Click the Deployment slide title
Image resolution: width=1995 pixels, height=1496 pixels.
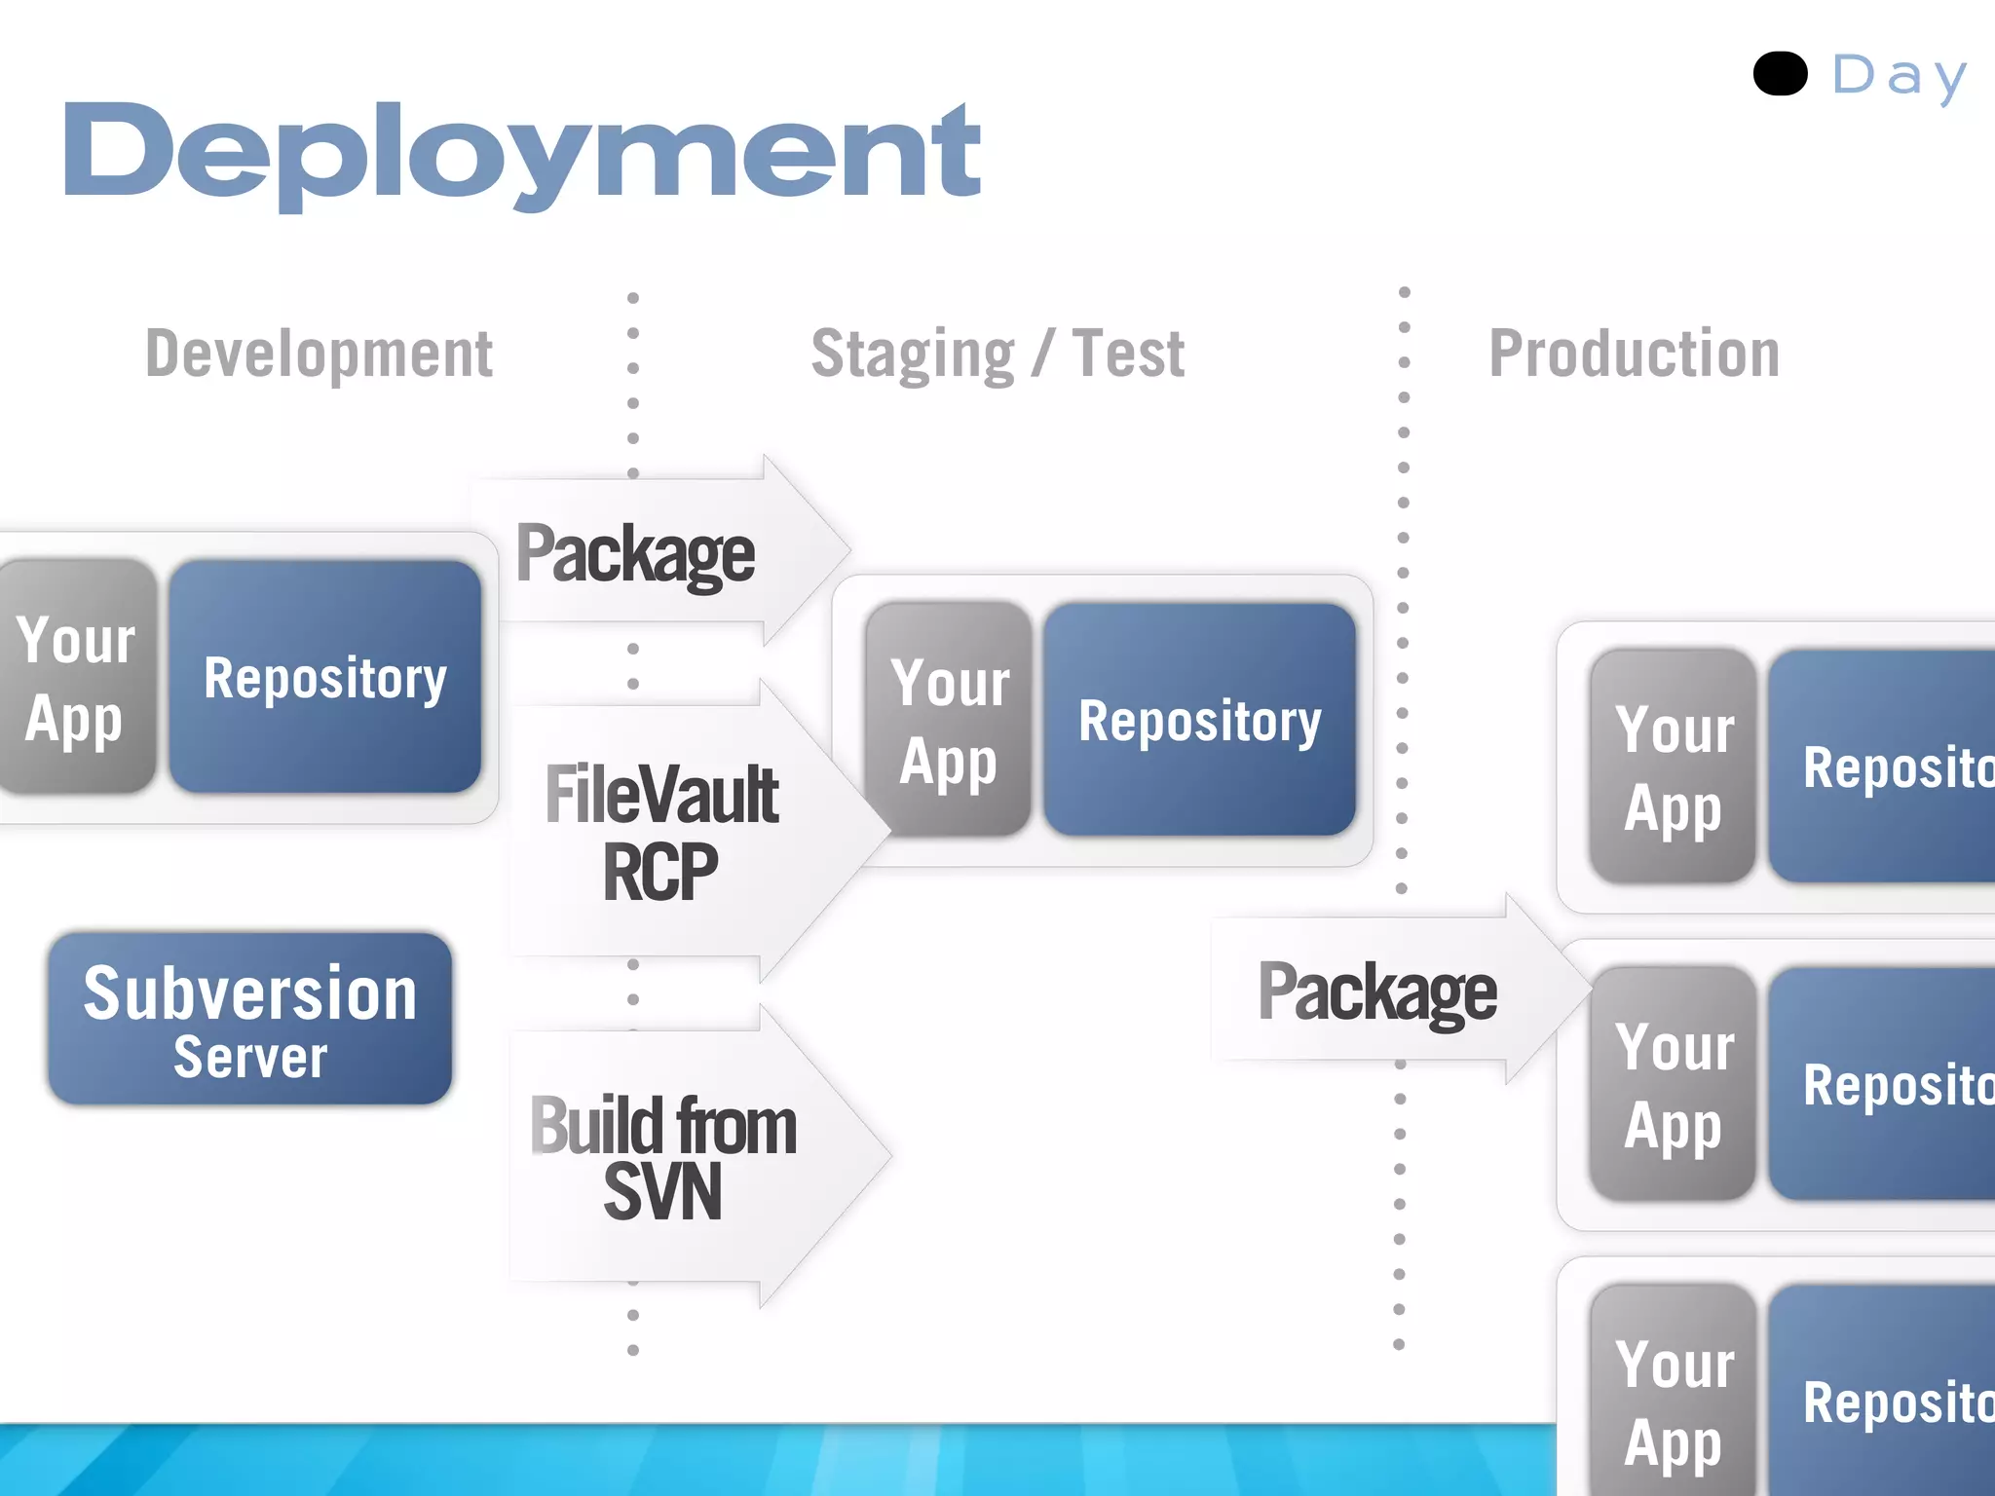point(521,153)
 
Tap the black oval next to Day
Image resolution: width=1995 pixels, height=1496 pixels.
point(1780,74)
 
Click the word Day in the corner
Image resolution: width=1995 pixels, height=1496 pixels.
point(1899,76)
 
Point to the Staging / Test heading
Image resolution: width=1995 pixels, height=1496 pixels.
point(997,354)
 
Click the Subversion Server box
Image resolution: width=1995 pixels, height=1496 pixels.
point(250,1018)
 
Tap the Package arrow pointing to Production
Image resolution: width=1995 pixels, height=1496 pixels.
point(1383,991)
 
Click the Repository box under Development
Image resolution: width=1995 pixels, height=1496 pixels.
point(325,676)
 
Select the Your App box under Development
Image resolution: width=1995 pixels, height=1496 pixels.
point(76,676)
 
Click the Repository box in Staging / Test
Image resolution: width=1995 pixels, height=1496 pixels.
point(1199,720)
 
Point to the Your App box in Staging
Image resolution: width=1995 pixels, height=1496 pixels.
point(948,720)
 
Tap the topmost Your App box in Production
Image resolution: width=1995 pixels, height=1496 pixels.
point(1673,767)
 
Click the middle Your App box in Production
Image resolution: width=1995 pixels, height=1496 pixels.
point(1673,1083)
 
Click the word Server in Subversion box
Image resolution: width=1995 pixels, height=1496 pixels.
point(250,1058)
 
